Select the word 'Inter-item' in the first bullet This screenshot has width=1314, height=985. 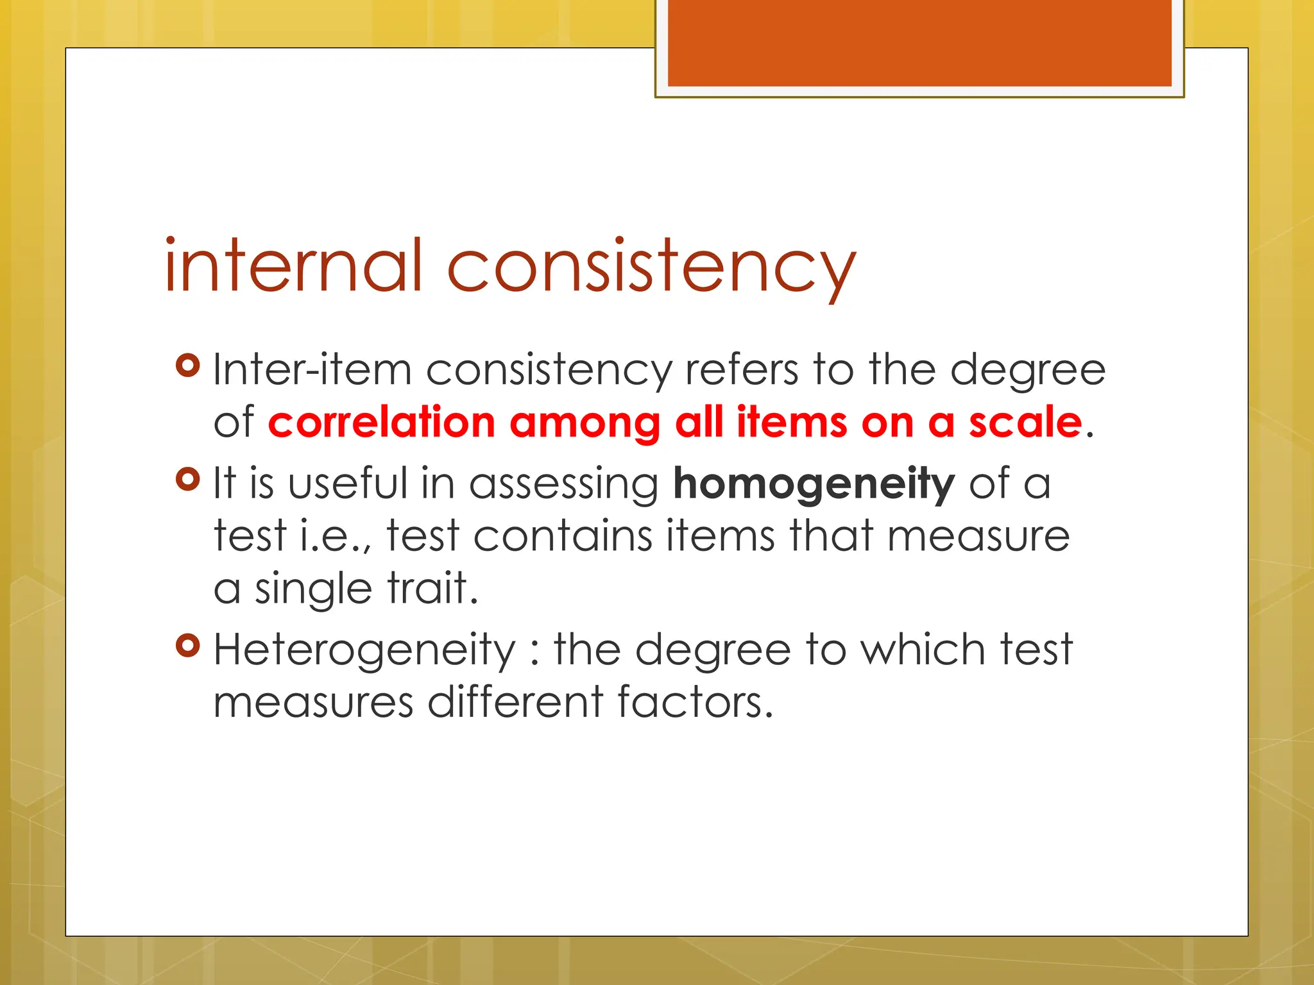pos(312,370)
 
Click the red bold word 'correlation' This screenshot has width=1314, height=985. pos(382,423)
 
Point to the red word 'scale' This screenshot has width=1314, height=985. pos(1025,423)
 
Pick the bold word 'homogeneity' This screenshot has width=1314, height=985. pos(814,484)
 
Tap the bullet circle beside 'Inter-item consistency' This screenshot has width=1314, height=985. pos(188,365)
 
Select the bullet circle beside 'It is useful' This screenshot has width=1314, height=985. pos(188,478)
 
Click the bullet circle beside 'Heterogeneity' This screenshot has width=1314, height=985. pos(188,645)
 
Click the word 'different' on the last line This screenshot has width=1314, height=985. pos(515,702)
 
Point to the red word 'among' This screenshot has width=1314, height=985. pos(584,424)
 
